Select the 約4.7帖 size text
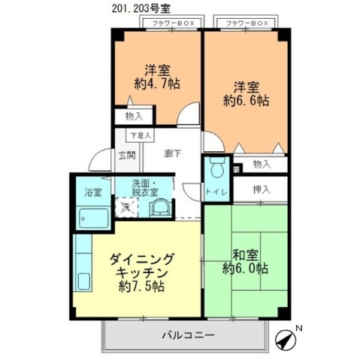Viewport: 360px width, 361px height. tap(157, 83)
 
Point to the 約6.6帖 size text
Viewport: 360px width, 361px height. tap(245, 99)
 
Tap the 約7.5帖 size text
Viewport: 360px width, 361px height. tap(141, 287)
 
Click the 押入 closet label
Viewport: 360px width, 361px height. tap(262, 189)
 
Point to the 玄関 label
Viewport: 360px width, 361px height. tap(126, 156)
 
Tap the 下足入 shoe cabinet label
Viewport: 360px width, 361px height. tap(140, 135)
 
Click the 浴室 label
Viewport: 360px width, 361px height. tap(92, 192)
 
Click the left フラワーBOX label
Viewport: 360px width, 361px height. tap(173, 23)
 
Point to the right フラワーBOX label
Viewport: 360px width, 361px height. tap(247, 23)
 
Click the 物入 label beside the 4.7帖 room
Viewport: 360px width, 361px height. tap(134, 117)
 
